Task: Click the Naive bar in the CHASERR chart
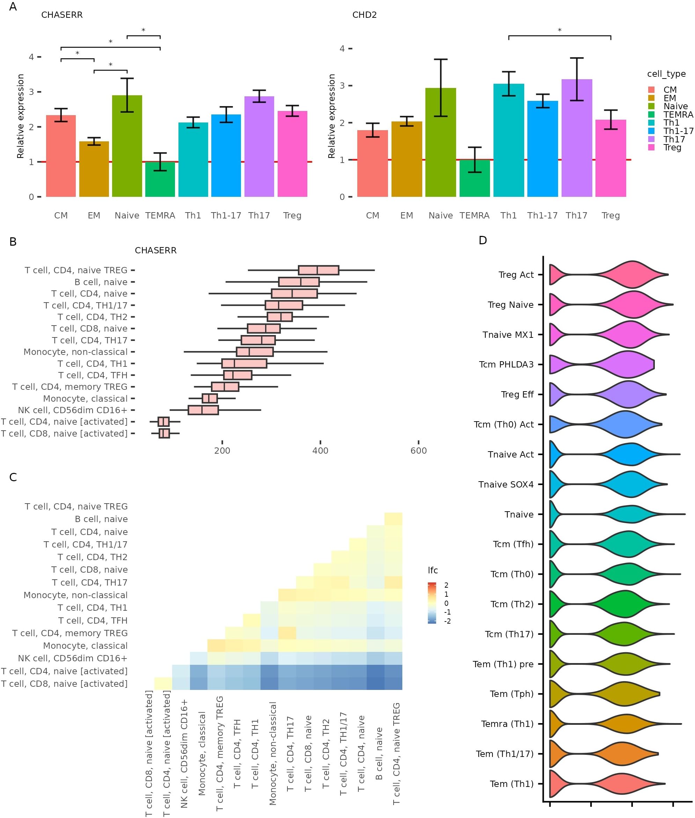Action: click(x=127, y=146)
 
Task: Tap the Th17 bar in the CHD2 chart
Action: click(x=576, y=138)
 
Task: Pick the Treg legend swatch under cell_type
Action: click(x=651, y=148)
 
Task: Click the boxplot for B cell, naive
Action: click(x=299, y=282)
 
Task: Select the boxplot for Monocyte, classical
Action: click(x=210, y=399)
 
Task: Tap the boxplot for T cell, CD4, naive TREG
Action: click(x=319, y=270)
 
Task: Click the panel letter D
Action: click(x=483, y=240)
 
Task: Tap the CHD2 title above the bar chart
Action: click(x=365, y=15)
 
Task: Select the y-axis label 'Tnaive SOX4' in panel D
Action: click(x=506, y=485)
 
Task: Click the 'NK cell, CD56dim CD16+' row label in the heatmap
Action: click(x=73, y=659)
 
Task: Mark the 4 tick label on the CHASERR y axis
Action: click(x=31, y=57)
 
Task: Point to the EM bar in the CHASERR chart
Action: click(x=94, y=169)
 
